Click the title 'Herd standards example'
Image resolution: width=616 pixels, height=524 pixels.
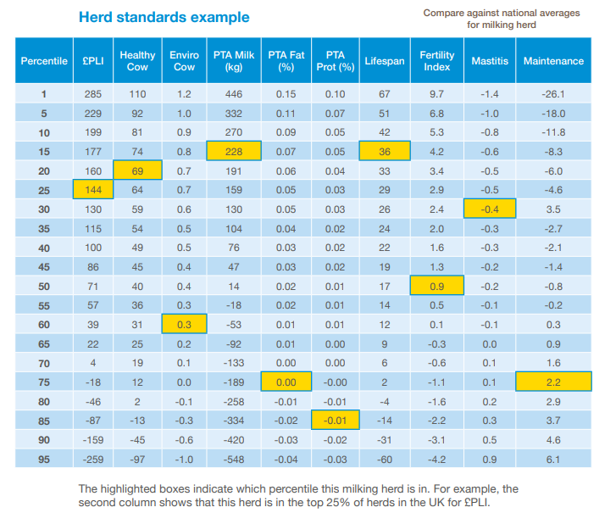pyautogui.click(x=164, y=17)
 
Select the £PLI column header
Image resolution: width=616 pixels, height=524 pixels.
pyautogui.click(x=93, y=61)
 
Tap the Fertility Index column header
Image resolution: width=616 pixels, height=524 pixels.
pyautogui.click(x=436, y=61)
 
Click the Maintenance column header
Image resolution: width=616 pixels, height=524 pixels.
pyautogui.click(x=553, y=61)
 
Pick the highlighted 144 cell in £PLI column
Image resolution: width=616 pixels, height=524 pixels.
pyautogui.click(x=93, y=190)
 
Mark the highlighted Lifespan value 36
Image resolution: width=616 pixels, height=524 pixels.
pyautogui.click(x=384, y=152)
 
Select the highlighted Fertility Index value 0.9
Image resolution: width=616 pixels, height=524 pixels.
pyautogui.click(x=436, y=286)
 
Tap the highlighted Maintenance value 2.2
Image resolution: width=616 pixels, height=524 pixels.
pyautogui.click(x=553, y=382)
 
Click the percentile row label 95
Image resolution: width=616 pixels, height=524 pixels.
pyautogui.click(x=44, y=459)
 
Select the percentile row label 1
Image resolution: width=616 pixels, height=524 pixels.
pyautogui.click(x=44, y=94)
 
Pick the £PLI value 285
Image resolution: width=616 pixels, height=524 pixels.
pyautogui.click(x=93, y=94)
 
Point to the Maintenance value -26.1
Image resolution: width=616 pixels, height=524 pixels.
pyautogui.click(x=553, y=94)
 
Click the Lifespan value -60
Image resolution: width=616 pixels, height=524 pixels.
pyautogui.click(x=384, y=459)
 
